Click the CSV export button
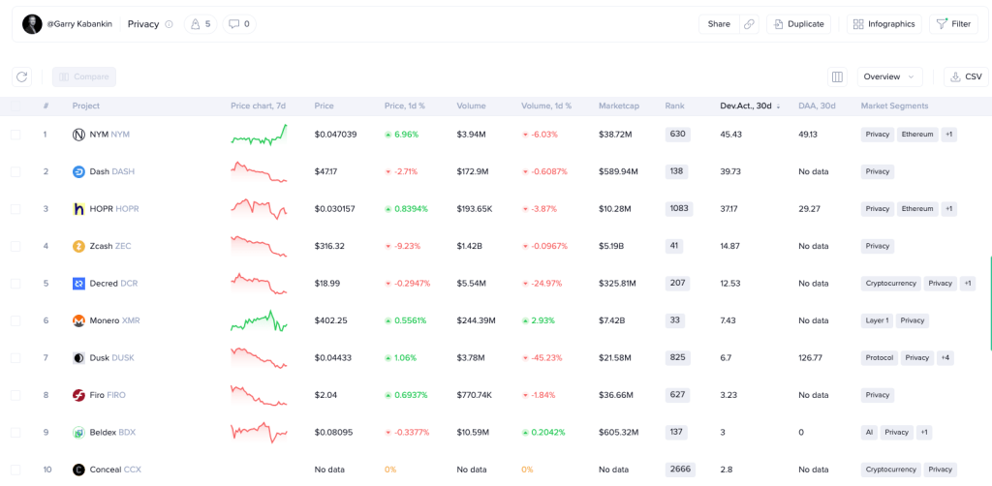pos(966,76)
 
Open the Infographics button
pos(883,24)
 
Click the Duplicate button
pos(798,24)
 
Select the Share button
pos(719,24)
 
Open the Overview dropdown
pos(888,76)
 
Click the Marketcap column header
pos(618,106)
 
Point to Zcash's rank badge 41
pos(674,246)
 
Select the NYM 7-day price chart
pos(259,135)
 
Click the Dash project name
pos(100,171)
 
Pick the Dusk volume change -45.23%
pos(544,357)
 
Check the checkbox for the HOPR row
pos(15,209)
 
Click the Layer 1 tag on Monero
pos(877,320)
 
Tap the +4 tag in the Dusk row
pos(945,357)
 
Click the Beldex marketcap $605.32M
pos(619,432)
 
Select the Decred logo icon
pos(78,284)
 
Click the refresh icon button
pos(22,76)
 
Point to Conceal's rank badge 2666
pos(680,470)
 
